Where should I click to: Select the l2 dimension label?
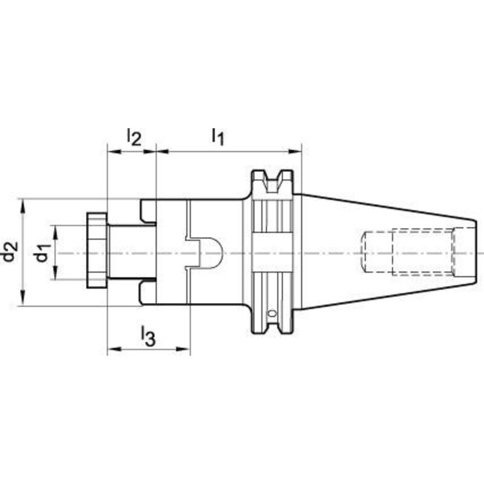pyautogui.click(x=133, y=137)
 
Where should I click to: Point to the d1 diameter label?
pyautogui.click(x=41, y=253)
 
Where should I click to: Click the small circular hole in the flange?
pyautogui.click(x=272, y=313)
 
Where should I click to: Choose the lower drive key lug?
pyautogui.click(x=146, y=293)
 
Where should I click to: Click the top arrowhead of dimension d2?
pyautogui.click(x=23, y=204)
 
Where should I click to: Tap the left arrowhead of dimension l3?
pyautogui.click(x=113, y=349)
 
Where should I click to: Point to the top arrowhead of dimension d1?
pyautogui.click(x=55, y=231)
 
